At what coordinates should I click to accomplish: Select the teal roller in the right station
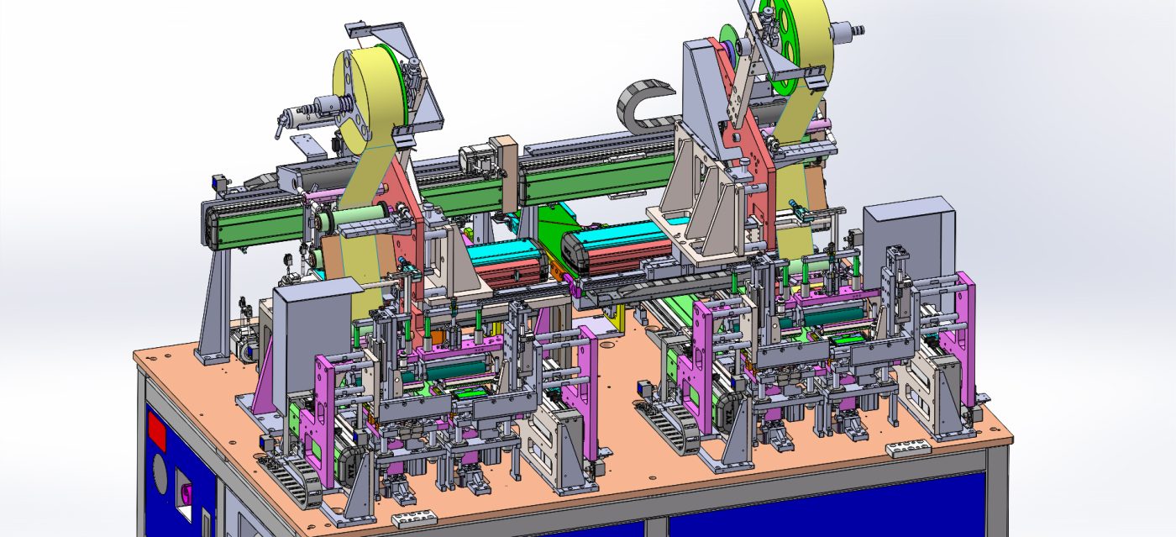coord(832,314)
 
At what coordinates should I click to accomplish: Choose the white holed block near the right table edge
coord(908,449)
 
